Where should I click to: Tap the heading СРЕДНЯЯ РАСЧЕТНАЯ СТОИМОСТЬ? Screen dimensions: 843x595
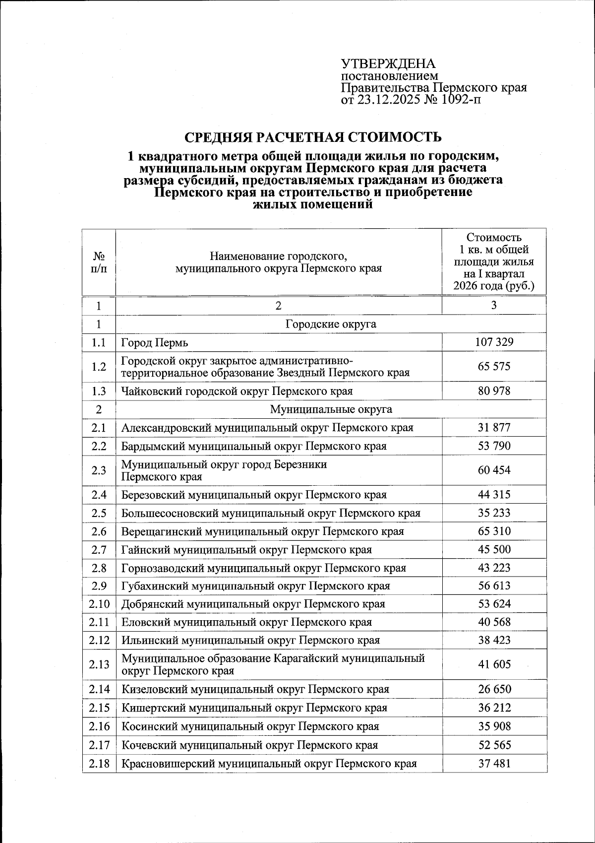coord(312,137)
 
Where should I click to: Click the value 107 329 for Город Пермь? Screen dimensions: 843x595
coord(494,342)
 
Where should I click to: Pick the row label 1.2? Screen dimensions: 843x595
coord(99,366)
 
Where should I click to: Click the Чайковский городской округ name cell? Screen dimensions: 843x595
coord(237,391)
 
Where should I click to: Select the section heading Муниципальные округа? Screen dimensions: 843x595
coord(331,409)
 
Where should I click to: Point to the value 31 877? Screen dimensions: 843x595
coord(494,427)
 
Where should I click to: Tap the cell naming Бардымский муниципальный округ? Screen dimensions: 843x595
coord(254,446)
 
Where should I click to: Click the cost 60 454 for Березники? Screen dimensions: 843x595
coord(494,470)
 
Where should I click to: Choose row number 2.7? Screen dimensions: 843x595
coord(99,549)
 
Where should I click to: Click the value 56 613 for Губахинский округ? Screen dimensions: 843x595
coord(494,585)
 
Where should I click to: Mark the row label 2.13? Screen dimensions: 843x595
coord(99,664)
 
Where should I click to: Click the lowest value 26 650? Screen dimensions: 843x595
coord(494,689)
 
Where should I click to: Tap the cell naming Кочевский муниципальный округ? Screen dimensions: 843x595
coord(249,745)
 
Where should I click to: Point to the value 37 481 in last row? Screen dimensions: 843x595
coord(494,763)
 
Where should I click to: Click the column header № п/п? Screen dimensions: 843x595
coord(99,262)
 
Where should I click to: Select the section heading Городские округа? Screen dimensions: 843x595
coord(331,324)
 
